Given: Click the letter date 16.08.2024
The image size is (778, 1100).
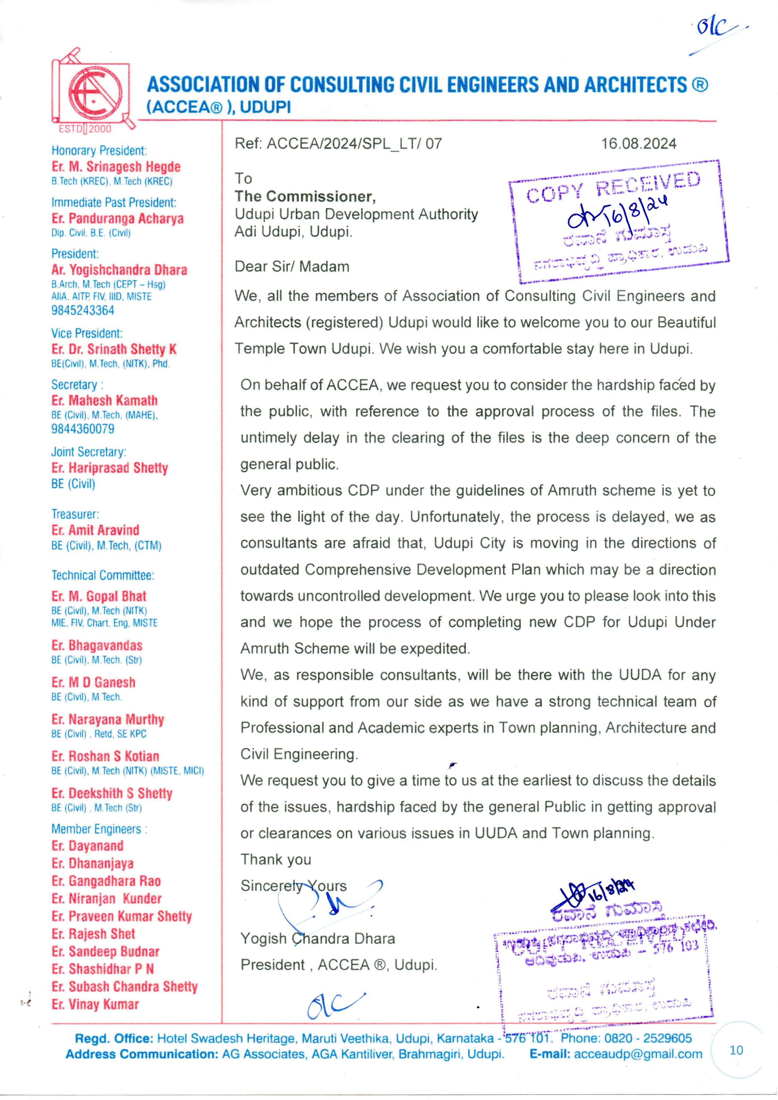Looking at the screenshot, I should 639,144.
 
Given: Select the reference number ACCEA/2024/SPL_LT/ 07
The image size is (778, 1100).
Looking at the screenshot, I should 338,144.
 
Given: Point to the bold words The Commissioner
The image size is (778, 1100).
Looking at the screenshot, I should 305,196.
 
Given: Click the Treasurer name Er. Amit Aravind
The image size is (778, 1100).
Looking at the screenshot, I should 95,530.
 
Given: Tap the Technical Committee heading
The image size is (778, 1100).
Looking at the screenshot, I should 103,575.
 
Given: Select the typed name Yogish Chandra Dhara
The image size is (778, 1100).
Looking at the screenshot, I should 317,938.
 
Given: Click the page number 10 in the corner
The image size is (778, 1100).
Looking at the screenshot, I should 736,1050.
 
